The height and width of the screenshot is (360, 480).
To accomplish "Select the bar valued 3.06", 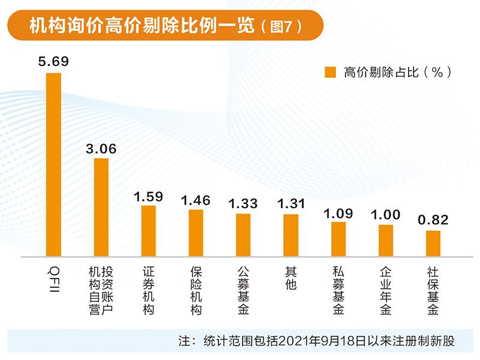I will point(101,207).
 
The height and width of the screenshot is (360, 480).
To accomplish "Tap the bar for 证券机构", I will point(149,230).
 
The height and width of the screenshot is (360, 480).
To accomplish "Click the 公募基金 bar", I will point(243,235).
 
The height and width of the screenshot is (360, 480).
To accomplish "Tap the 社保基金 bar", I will point(433,243).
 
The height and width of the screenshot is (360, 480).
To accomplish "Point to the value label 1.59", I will point(149,196).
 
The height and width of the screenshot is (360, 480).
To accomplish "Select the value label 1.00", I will point(386,215).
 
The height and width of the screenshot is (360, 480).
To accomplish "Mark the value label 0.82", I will point(433,220).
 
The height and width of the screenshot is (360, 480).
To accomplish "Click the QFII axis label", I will point(54,276).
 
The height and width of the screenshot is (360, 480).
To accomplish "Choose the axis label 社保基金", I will point(433,290).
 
